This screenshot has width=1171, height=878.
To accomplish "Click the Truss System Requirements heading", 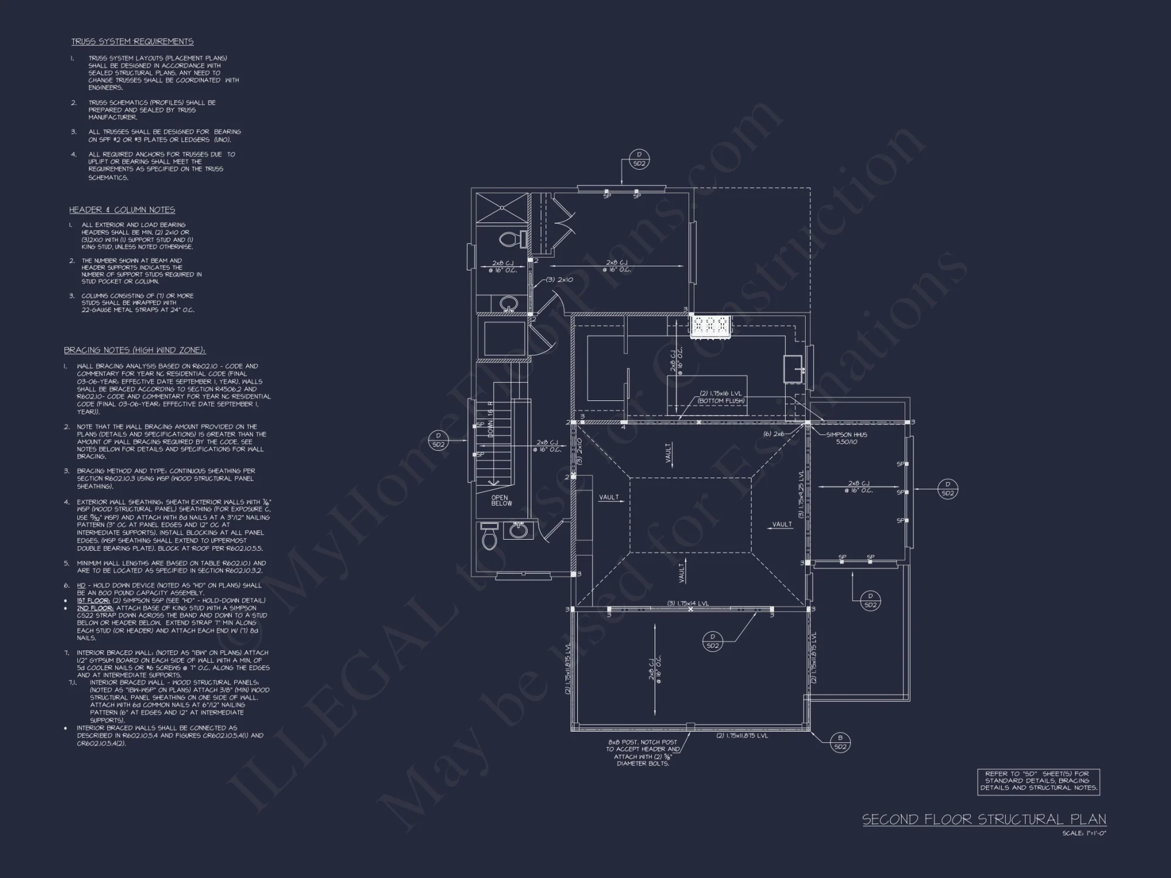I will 132,42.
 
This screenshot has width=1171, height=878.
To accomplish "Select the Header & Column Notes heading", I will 122,210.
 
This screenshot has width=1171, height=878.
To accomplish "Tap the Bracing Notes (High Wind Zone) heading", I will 135,351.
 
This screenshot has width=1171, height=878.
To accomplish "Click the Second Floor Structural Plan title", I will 984,819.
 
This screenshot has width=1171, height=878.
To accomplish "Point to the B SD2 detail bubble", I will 840,742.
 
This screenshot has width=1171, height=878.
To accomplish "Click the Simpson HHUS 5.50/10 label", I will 847,438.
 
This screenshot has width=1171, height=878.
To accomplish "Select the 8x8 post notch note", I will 642,753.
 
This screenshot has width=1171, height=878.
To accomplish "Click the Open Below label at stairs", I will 501,500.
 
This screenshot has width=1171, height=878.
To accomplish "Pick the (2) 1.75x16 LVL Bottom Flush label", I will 721,397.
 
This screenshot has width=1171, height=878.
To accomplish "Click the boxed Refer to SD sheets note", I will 1039,781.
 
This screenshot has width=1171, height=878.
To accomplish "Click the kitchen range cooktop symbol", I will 710,326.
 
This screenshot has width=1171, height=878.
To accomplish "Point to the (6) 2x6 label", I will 773,434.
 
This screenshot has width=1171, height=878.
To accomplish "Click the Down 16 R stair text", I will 491,420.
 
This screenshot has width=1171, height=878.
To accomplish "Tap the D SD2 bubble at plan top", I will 639,160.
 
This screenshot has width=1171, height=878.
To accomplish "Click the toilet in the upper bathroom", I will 511,239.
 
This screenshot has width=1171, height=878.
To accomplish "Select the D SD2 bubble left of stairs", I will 439,440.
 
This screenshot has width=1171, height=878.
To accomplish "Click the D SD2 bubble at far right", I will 948,489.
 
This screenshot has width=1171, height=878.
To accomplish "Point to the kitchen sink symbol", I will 794,368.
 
